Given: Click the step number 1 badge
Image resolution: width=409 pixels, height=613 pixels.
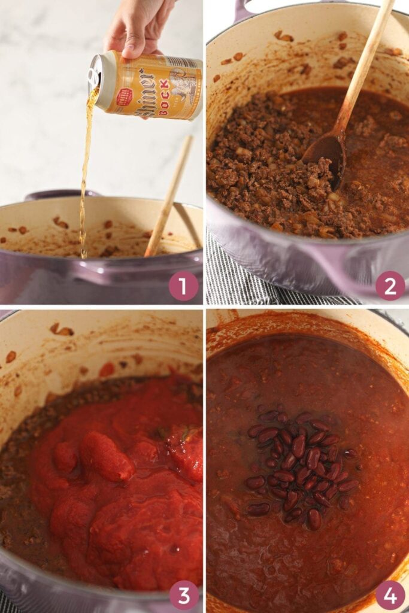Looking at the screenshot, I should coord(183,286).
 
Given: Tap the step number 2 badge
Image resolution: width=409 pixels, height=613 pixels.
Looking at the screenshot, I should coord(390,286).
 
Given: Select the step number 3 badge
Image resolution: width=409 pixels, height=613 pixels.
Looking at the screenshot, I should coord(183,595).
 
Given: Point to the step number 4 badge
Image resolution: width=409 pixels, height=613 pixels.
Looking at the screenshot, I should coord(390,595).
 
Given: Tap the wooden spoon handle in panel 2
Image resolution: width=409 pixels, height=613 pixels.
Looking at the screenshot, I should coord(365,66).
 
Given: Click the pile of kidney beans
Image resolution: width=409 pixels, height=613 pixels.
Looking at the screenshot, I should coord(299,464).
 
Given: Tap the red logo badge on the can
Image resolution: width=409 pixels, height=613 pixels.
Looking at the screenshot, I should coord(124,96).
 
